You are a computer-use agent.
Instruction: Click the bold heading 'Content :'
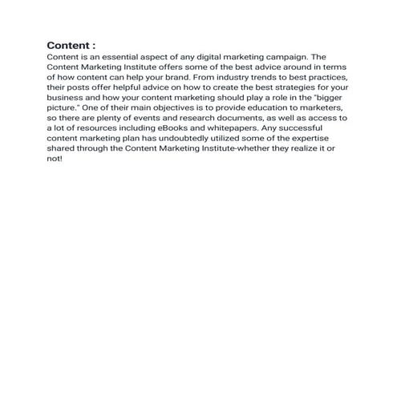[x=71, y=46]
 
